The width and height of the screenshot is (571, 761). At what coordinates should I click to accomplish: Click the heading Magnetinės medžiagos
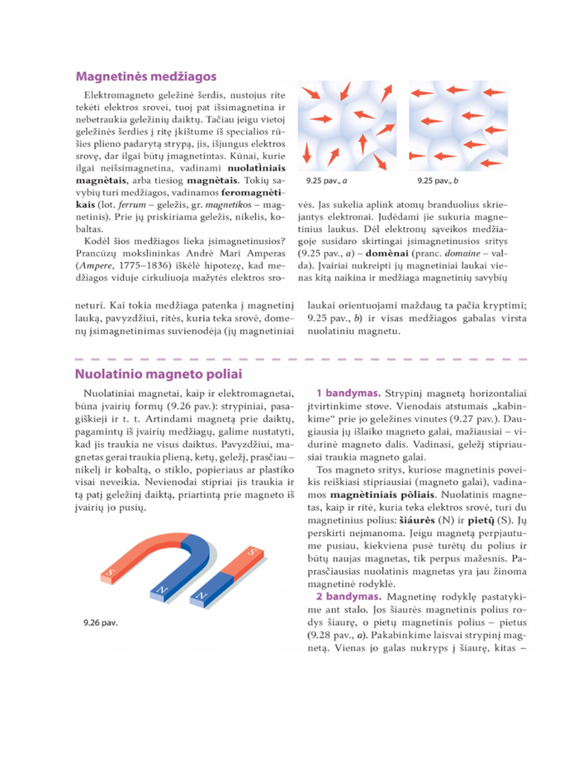click(146, 76)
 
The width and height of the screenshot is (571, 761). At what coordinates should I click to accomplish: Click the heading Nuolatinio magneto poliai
click(158, 374)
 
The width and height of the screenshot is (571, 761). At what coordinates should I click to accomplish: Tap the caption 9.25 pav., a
click(325, 181)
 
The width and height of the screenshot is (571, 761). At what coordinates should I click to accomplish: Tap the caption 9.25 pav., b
click(437, 181)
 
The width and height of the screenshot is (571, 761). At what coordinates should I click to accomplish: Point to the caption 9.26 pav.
click(100, 621)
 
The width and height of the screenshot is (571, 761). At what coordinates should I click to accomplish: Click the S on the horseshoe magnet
click(110, 573)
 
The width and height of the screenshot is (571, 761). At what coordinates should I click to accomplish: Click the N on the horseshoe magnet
click(160, 592)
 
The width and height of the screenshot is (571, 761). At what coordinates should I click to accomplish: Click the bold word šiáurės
click(421, 519)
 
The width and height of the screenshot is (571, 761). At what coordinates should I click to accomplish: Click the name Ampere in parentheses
click(93, 265)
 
